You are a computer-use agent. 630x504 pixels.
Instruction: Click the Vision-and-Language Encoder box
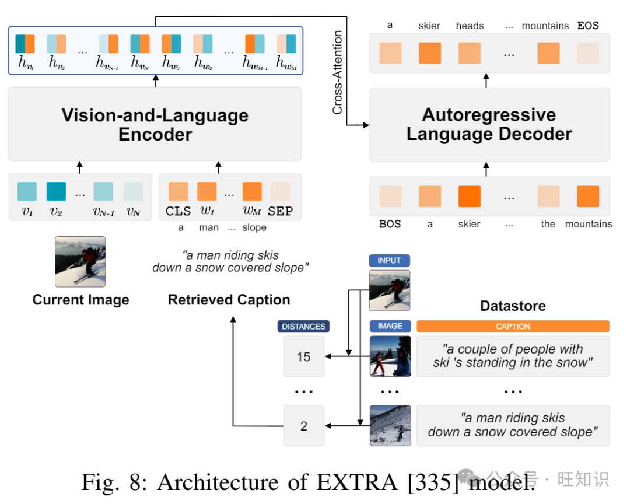[x=155, y=124]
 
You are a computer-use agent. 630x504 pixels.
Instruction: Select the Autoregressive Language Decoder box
[x=489, y=124]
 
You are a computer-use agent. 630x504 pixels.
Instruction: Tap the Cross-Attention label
[x=338, y=73]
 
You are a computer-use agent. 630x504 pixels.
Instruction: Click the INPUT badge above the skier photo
[x=389, y=261]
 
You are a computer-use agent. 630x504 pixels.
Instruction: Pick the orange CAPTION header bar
[x=513, y=327]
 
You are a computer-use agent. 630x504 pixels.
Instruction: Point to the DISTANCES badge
[x=303, y=327]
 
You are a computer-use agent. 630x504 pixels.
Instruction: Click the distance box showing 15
[x=303, y=356]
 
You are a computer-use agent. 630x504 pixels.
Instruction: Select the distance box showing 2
[x=303, y=426]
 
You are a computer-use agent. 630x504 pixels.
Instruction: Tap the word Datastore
[x=513, y=306]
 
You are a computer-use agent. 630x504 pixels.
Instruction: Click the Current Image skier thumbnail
[x=80, y=261]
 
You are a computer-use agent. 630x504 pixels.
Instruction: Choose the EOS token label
[x=588, y=26]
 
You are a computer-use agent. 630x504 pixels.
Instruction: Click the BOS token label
[x=390, y=224]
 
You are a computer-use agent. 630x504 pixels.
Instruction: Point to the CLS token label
[x=178, y=211]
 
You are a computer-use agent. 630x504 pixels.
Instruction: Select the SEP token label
[x=280, y=211]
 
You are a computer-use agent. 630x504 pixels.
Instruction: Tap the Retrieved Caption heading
[x=229, y=300]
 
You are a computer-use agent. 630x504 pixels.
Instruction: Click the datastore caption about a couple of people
[x=513, y=356]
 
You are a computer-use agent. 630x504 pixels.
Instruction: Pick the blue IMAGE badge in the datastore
[x=390, y=327]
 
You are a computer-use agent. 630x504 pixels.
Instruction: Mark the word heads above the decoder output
[x=470, y=26]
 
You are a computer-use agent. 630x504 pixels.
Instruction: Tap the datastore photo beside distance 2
[x=390, y=426]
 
